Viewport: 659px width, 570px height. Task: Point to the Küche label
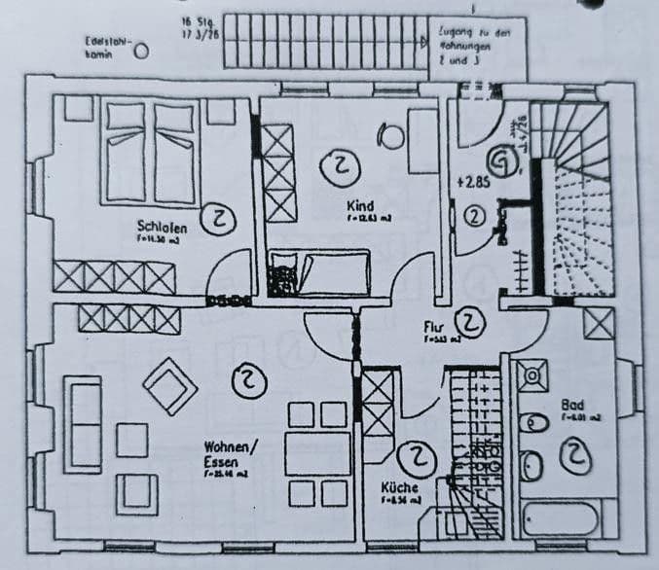(400, 486)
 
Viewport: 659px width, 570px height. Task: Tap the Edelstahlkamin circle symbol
(142, 51)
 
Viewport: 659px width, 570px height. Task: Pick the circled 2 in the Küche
(418, 455)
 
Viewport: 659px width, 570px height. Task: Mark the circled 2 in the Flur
(471, 320)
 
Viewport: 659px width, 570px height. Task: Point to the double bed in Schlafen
(150, 153)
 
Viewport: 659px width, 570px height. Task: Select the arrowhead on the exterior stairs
(422, 42)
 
